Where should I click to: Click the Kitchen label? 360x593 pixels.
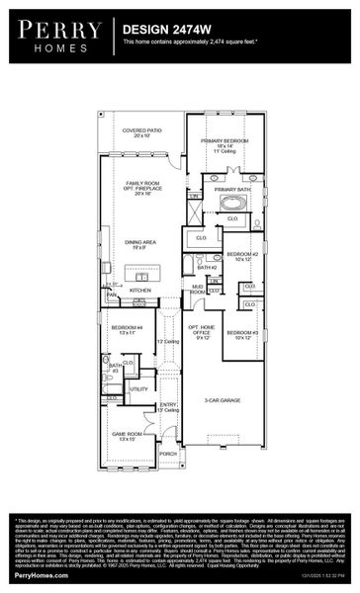coord(140,290)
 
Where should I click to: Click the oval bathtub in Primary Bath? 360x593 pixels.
coord(234,204)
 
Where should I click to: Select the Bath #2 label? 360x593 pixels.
coord(207,267)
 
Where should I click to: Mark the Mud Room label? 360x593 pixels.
coord(198,291)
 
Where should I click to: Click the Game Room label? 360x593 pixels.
coord(124,437)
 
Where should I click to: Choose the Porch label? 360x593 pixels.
coord(168,454)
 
